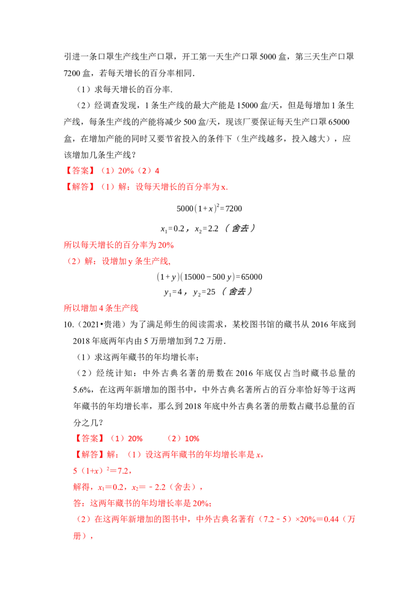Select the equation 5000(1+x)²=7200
[209, 208]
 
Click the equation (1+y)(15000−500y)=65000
[209, 277]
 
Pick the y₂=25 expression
[204, 292]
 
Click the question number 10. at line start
[69, 324]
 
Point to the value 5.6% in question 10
[82, 390]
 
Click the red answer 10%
[192, 438]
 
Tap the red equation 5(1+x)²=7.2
[101, 471]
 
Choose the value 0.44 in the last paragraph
[331, 519]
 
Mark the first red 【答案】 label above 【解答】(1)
[80, 171]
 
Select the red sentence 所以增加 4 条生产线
[101, 308]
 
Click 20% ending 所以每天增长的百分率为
[166, 245]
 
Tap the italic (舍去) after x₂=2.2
[240, 228]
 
